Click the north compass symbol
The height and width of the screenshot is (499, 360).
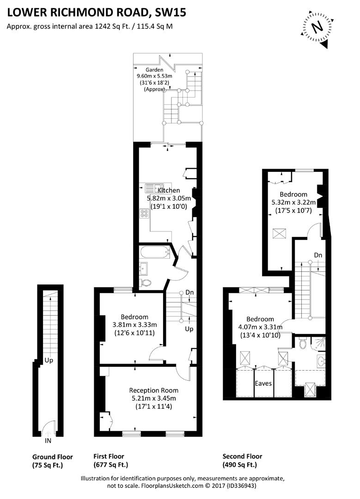(317, 27)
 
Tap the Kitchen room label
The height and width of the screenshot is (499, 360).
(169, 190)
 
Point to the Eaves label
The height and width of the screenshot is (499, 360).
(263, 383)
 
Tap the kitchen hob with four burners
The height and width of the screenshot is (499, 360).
(144, 213)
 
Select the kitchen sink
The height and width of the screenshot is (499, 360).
(151, 189)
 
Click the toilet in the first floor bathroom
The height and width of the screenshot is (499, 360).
(146, 283)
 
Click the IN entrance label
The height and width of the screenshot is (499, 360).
(48, 441)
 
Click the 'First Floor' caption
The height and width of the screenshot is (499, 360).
(109, 456)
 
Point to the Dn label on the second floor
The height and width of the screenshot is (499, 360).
(318, 255)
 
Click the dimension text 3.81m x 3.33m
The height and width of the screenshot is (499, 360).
(134, 324)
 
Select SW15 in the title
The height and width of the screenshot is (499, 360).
(171, 13)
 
